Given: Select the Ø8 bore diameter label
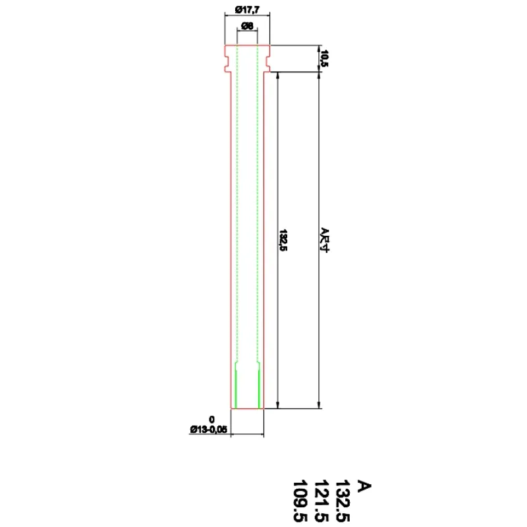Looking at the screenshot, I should pyautogui.click(x=247, y=26).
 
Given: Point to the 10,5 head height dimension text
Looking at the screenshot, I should pyautogui.click(x=323, y=58).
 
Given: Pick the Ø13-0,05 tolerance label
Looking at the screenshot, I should pyautogui.click(x=208, y=430).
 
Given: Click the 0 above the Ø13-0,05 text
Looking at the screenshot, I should pyautogui.click(x=212, y=420).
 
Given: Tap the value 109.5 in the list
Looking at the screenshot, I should pyautogui.click(x=300, y=501).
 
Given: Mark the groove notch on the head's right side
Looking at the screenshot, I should pyautogui.click(x=268, y=63).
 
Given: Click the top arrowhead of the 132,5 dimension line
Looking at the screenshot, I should pyautogui.click(x=279, y=75).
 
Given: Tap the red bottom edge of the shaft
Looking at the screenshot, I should pyautogui.click(x=247, y=408).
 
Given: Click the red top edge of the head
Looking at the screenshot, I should pyautogui.click(x=247, y=45).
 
